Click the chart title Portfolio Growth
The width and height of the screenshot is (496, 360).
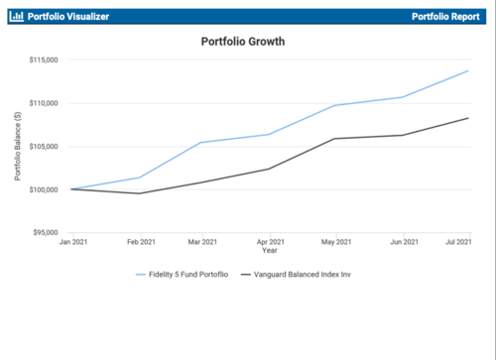coord(242,43)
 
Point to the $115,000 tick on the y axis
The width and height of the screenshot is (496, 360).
coord(43,60)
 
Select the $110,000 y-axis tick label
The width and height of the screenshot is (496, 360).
coord(43,103)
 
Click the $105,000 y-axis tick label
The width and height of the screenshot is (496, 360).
coord(43,147)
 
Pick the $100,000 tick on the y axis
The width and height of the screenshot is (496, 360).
coord(43,189)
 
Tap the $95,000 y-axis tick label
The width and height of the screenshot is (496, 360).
coord(45,233)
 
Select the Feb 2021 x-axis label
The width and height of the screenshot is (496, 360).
coord(140,242)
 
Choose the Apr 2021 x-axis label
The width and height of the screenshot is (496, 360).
coord(271,242)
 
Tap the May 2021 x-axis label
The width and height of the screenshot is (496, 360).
coord(336,242)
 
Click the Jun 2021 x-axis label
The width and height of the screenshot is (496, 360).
coord(402,242)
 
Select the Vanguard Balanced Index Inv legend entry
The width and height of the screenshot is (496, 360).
coord(303,273)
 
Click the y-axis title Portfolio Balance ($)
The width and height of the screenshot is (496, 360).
coord(18,146)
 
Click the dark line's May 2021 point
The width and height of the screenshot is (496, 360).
coord(334,139)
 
